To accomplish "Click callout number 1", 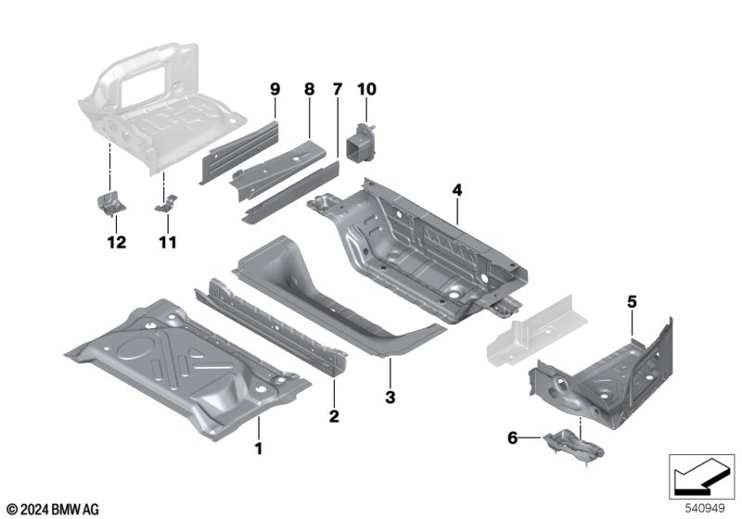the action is coord(259,449).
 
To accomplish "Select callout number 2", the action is coord(334,416).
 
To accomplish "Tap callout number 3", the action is coord(390,397).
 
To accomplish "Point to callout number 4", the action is coord(456,190).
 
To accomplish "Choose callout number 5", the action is coord(633,301).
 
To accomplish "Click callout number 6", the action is coord(513,438).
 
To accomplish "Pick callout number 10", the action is coord(366,89).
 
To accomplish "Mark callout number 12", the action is coord(117,243).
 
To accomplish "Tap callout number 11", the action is coord(168,243).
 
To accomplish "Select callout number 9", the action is coord(275,89).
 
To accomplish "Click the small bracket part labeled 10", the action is coord(362,143).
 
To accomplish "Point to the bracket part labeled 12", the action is coord(111,204).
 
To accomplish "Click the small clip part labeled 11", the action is coord(166,204).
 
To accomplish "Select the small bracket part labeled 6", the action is coord(573,444).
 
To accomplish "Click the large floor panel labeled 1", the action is coord(187,369).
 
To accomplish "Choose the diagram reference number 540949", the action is coord(705,509).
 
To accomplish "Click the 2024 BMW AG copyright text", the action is coord(54,510).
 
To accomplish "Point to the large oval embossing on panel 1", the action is coord(134,348).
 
